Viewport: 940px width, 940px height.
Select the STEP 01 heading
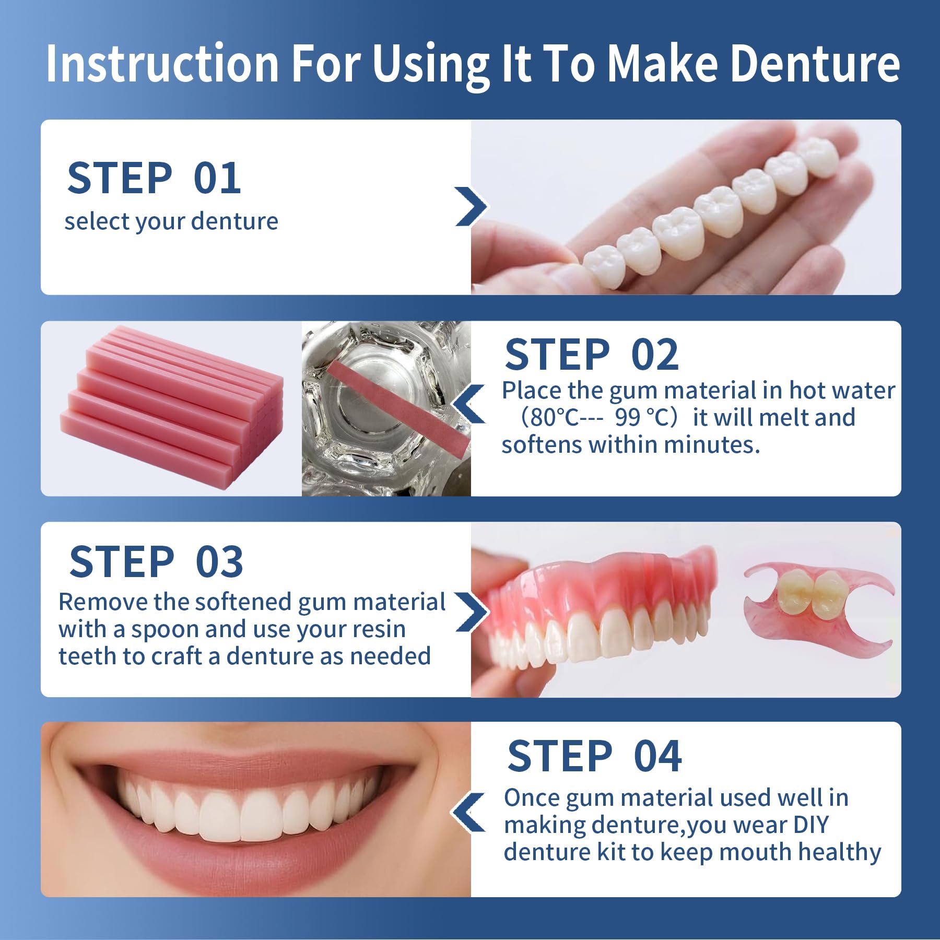(155, 178)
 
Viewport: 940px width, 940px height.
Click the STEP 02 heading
(592, 355)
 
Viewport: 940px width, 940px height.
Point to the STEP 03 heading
(156, 561)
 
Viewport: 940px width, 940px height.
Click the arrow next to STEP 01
(471, 206)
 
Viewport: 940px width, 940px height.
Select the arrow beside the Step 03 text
(471, 612)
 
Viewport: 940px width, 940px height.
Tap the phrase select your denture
(171, 222)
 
